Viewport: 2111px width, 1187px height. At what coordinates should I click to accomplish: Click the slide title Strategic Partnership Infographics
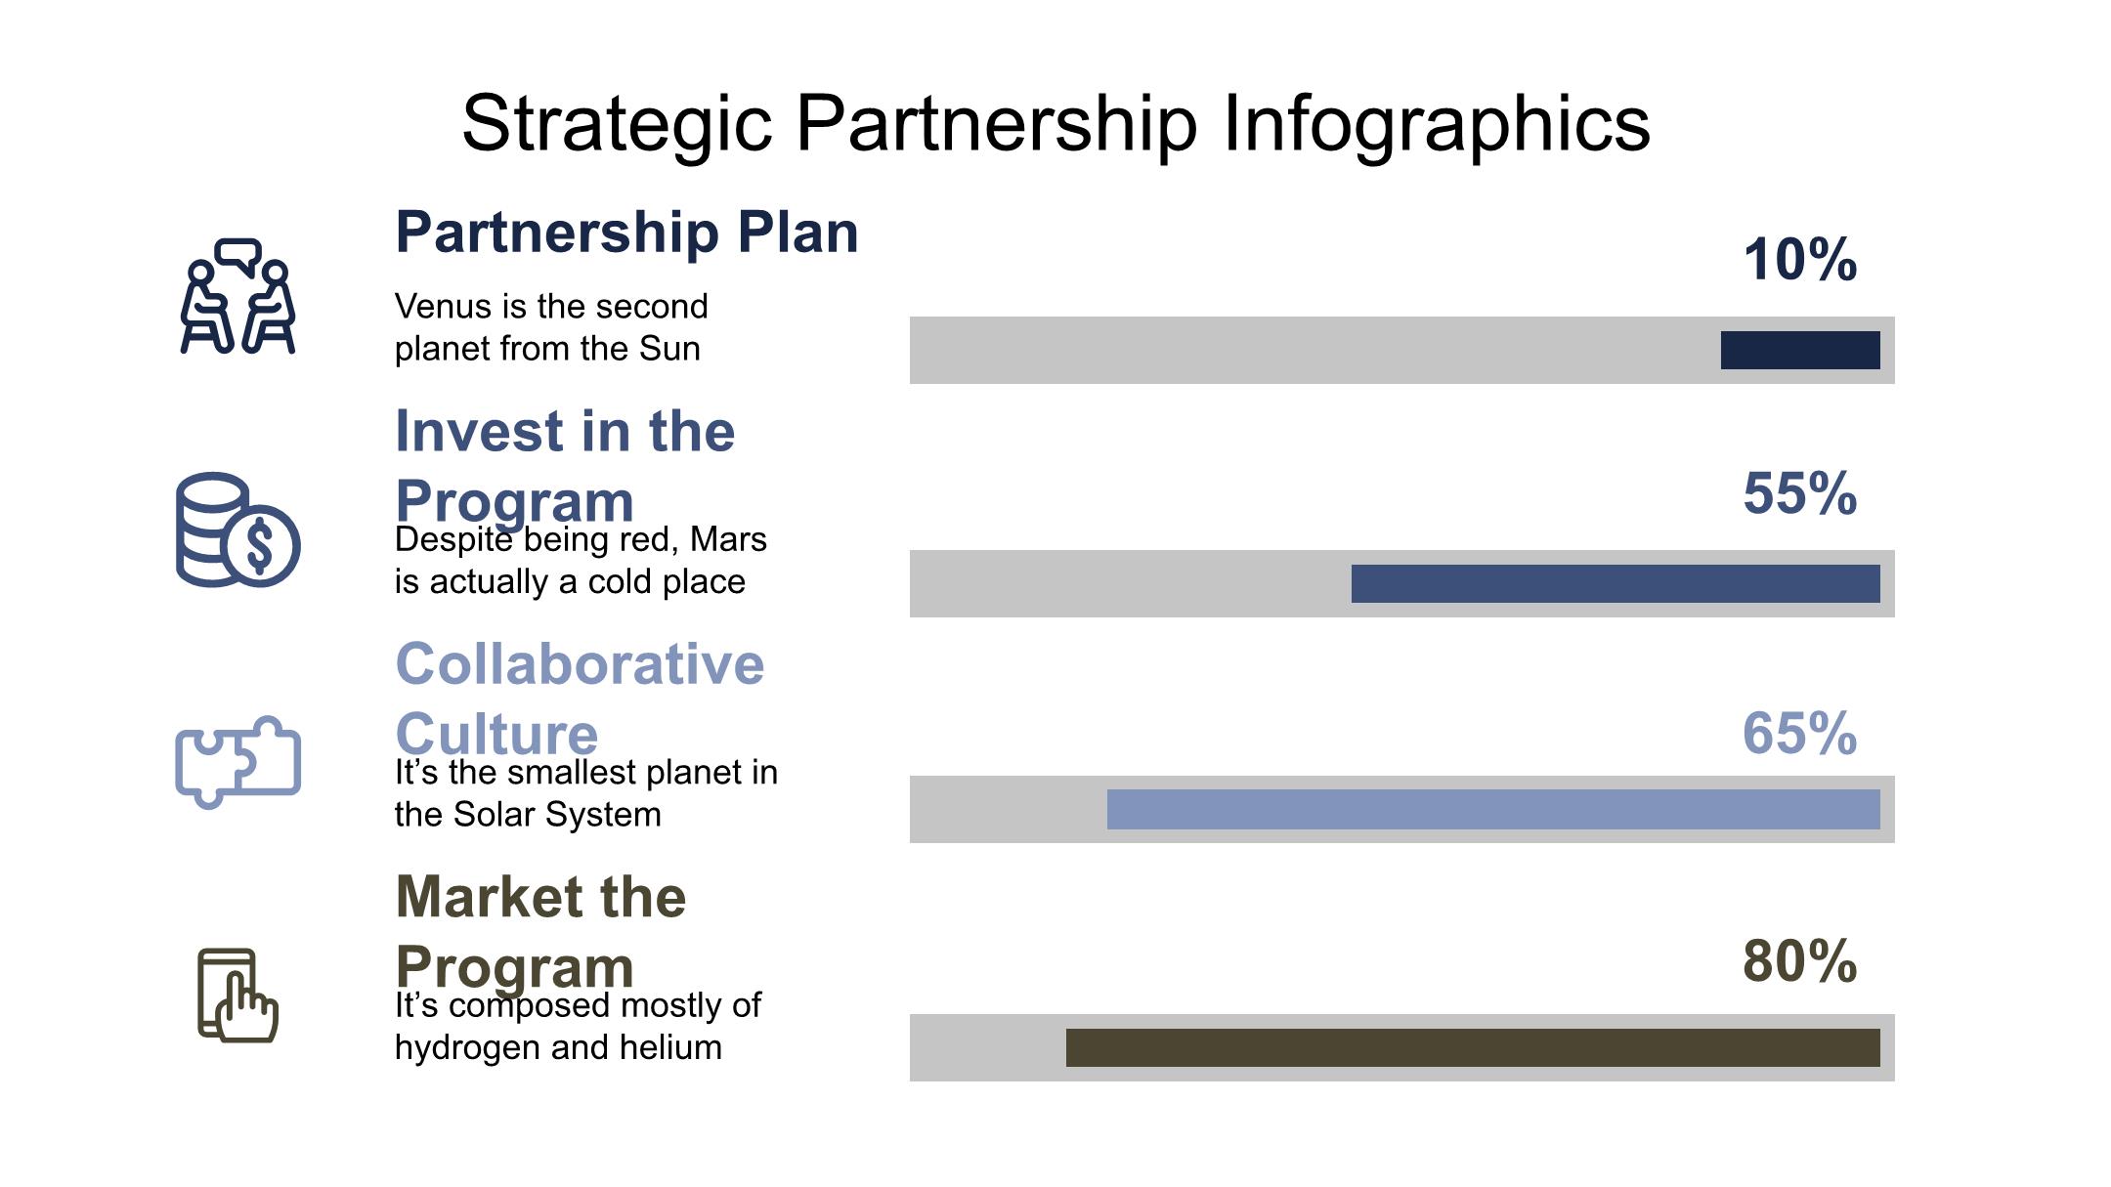tap(1055, 125)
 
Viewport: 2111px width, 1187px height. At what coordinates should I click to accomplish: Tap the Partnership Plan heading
tap(626, 233)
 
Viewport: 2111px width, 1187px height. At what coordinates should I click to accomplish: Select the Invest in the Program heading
tap(565, 466)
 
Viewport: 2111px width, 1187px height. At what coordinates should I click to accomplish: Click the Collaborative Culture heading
tap(580, 699)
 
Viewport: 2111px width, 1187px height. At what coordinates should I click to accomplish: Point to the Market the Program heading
tap(540, 932)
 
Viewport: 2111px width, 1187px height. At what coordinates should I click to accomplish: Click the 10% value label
tap(1800, 260)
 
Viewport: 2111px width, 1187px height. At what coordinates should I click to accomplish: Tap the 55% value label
tap(1800, 493)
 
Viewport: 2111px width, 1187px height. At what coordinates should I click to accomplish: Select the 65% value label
tap(1800, 733)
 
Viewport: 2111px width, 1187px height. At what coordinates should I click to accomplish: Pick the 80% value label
tap(1800, 961)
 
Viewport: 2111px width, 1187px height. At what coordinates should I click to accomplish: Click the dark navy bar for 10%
tap(1800, 350)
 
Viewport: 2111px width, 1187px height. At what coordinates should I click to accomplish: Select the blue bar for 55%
tap(1616, 583)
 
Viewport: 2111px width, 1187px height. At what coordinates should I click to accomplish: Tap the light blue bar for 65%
tap(1493, 809)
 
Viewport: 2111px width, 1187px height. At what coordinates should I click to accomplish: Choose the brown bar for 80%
tap(1473, 1047)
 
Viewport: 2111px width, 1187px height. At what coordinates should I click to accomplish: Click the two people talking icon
tap(237, 295)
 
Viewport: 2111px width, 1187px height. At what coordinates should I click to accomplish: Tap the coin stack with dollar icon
tap(237, 530)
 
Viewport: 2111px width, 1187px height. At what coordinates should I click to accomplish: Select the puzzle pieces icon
tap(237, 762)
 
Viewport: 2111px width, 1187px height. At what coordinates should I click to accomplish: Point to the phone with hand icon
tap(237, 996)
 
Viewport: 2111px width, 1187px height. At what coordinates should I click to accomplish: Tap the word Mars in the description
tap(728, 539)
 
